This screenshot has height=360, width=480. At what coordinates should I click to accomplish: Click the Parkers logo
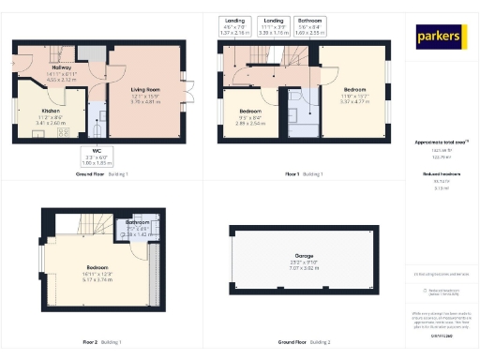tap(442, 37)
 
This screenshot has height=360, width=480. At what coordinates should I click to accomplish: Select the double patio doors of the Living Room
tap(187, 94)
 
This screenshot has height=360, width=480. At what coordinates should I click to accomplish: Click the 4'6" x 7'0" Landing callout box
tap(233, 25)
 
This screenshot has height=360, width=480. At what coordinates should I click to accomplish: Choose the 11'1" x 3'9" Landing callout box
tap(274, 25)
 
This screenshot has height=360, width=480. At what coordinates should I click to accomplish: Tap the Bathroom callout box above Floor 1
tap(307, 25)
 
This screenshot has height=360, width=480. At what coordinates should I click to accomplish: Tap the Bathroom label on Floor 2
tap(137, 225)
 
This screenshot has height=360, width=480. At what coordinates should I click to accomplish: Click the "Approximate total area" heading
tap(441, 142)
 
